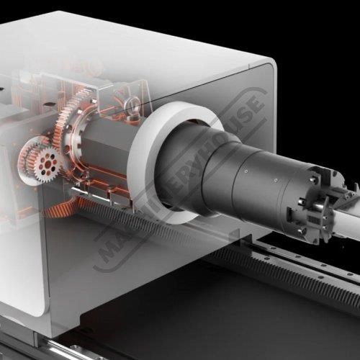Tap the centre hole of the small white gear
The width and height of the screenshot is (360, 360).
pyautogui.click(x=48, y=165)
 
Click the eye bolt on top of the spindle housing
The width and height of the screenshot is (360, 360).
pyautogui.click(x=132, y=105)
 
